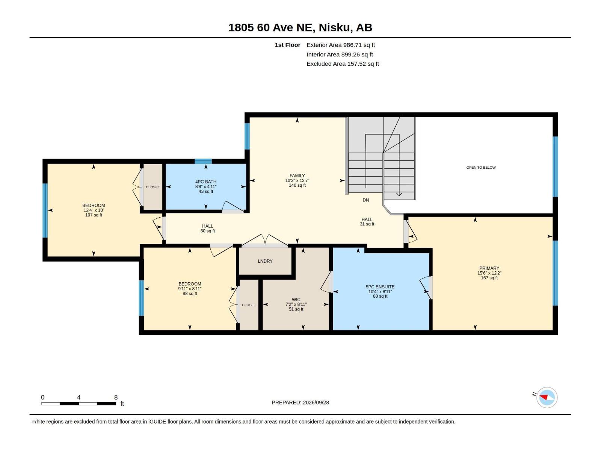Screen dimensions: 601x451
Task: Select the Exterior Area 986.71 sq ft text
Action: point(341,45)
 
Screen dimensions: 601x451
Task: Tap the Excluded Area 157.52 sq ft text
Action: point(343,64)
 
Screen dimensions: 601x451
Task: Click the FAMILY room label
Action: point(297,176)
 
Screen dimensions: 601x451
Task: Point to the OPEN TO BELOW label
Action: point(481,168)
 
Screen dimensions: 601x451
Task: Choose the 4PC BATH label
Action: point(205,182)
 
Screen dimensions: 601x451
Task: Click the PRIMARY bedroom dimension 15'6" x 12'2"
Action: point(489,273)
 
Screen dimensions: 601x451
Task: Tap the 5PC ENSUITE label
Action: point(380,287)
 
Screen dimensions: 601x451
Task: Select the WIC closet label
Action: point(296,300)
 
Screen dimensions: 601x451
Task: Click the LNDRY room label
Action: point(265,261)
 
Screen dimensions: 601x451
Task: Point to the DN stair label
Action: point(366,200)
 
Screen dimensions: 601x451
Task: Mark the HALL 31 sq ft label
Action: point(367,221)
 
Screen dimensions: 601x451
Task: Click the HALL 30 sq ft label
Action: point(208,229)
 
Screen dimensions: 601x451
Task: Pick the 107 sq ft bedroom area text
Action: point(94,215)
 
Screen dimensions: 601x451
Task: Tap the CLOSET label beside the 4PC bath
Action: point(153,187)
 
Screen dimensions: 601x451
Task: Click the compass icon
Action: point(547,397)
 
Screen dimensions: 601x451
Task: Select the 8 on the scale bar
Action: point(116,397)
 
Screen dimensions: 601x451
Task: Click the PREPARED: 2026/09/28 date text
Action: point(300,403)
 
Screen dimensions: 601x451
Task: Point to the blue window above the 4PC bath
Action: point(203,161)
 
